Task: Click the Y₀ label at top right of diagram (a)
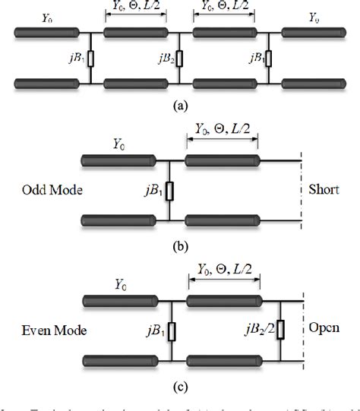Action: [313, 15]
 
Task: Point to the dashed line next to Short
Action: [302, 190]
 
